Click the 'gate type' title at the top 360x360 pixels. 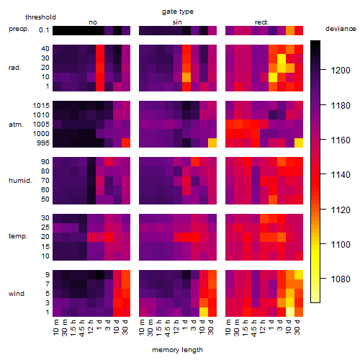pos(178,12)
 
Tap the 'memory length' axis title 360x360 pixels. pos(177,350)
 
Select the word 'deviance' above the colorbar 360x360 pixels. pos(341,29)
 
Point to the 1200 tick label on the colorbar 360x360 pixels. pos(341,71)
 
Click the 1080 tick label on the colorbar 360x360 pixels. pos(341,279)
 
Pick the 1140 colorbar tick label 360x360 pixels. pos(341,175)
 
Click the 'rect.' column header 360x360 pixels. pos(261,22)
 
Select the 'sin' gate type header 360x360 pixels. pos(177,22)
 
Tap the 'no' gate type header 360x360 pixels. pos(93,22)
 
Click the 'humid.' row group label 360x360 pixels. pos(20,181)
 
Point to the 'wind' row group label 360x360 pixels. pos(17,294)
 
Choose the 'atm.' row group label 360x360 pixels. pos(16,125)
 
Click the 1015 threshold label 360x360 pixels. pos(41,106)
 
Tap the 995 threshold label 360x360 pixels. pos(43,143)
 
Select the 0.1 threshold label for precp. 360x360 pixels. pos(44,30)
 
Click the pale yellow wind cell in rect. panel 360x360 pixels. pos(290,312)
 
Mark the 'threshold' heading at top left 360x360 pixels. pos(40,17)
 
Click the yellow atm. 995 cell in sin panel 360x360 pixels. pos(212,143)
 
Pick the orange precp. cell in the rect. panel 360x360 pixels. pos(290,30)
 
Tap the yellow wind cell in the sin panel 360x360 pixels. pos(204,312)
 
